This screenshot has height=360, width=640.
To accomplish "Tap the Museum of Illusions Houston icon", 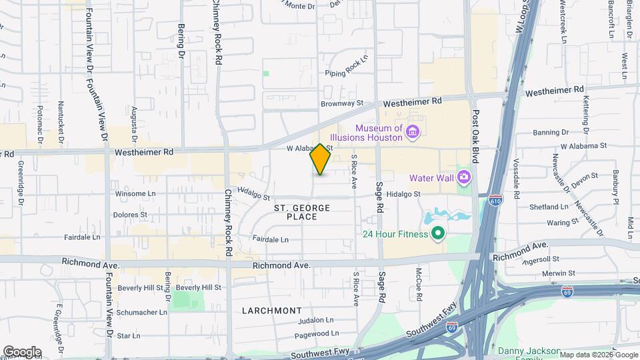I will pyautogui.click(x=413, y=133).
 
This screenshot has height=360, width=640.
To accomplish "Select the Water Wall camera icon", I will pyautogui.click(x=465, y=177).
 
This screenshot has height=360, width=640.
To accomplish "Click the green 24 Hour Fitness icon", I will pyautogui.click(x=438, y=233).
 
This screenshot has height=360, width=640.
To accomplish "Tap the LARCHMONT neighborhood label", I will pyautogui.click(x=271, y=311).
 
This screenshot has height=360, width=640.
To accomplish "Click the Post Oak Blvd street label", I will pyautogui.click(x=476, y=139).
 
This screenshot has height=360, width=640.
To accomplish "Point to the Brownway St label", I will pyautogui.click(x=342, y=103).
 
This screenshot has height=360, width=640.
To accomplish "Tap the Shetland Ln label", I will pyautogui.click(x=549, y=207).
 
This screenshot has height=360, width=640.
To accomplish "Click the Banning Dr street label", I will pyautogui.click(x=551, y=132).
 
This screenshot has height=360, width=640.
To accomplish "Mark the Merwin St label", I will pyautogui.click(x=558, y=273).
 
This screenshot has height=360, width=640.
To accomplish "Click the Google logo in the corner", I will pyautogui.click(x=22, y=351).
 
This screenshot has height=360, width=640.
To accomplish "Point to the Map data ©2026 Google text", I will pyautogui.click(x=598, y=355).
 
